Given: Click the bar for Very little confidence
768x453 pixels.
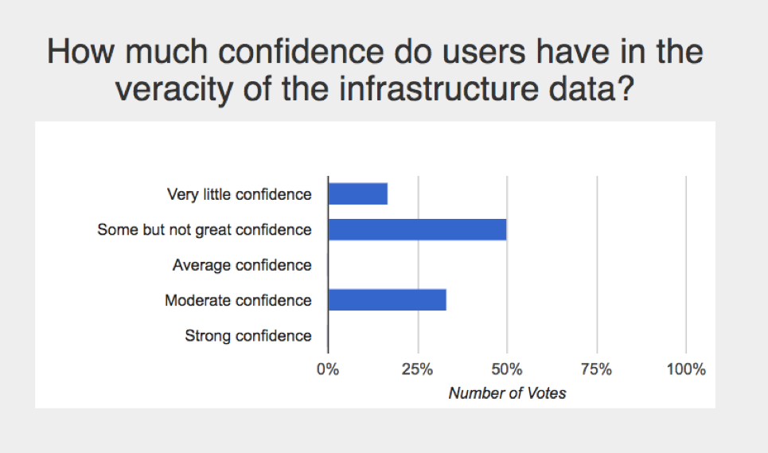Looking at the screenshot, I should coord(357,193).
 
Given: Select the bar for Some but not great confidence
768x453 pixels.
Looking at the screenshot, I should coord(417,229).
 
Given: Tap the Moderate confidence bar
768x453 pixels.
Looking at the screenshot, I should coord(387,300).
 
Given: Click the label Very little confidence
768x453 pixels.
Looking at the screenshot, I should coord(239,194).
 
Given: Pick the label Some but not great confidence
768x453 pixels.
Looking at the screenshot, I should coord(204,230).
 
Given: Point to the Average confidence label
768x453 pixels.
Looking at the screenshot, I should coord(242,265).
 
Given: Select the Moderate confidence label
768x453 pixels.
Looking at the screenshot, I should coord(238,300).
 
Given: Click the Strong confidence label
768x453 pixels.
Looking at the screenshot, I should coord(248,336).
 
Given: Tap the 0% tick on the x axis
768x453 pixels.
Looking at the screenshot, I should coord(328,369).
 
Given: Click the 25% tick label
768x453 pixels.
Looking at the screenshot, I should coord(417,369).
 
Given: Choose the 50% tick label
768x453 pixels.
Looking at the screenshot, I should coord(507,369).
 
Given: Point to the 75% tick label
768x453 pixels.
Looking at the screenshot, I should coord(596,369).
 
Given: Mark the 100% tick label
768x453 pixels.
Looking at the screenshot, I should coord(686,369).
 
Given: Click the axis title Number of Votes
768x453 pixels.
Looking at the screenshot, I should coord(507,393).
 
